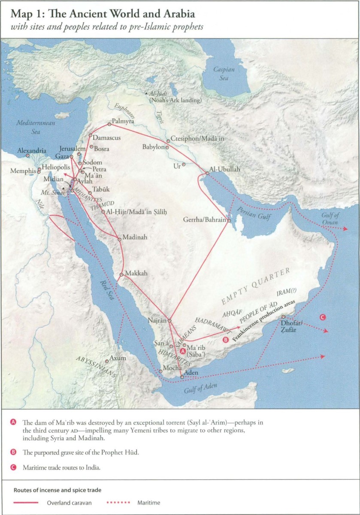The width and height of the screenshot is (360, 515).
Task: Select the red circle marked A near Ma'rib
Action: (183, 351)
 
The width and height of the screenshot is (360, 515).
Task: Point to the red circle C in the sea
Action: (323, 318)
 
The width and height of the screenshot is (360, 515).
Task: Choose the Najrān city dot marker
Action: (169, 321)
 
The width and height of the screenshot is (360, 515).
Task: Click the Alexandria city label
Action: (32, 151)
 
